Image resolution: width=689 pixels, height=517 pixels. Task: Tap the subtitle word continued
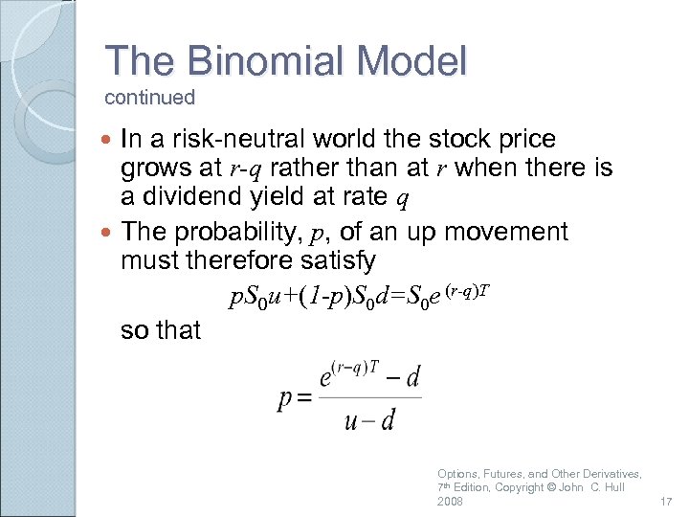coord(149,98)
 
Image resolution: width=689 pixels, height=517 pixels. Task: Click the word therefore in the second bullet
coord(233,260)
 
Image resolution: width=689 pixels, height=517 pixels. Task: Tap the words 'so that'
coord(161,330)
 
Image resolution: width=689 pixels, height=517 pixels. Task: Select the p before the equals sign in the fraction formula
coord(285,400)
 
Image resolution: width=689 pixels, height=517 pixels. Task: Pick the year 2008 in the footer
coord(450,502)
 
